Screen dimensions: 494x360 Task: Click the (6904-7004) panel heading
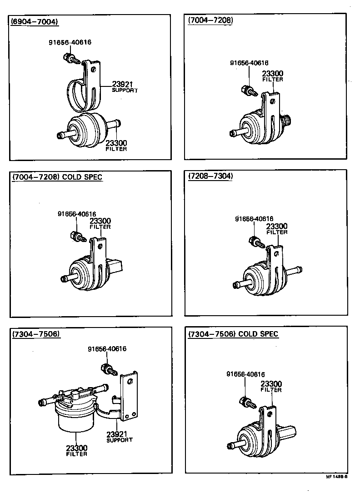(35, 21)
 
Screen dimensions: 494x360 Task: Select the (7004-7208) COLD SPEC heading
(57, 177)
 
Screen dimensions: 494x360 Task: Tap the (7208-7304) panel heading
(210, 177)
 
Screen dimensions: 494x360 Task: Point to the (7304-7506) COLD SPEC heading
(233, 334)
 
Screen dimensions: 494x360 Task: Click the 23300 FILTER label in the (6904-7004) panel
(116, 146)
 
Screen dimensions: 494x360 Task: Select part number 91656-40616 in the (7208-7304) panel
(254, 219)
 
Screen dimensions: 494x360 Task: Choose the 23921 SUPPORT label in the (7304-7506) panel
(120, 437)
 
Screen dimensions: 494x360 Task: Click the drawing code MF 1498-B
(336, 478)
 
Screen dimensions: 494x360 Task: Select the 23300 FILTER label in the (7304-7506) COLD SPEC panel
(271, 387)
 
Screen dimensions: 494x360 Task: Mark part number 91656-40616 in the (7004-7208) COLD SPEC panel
(77, 214)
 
